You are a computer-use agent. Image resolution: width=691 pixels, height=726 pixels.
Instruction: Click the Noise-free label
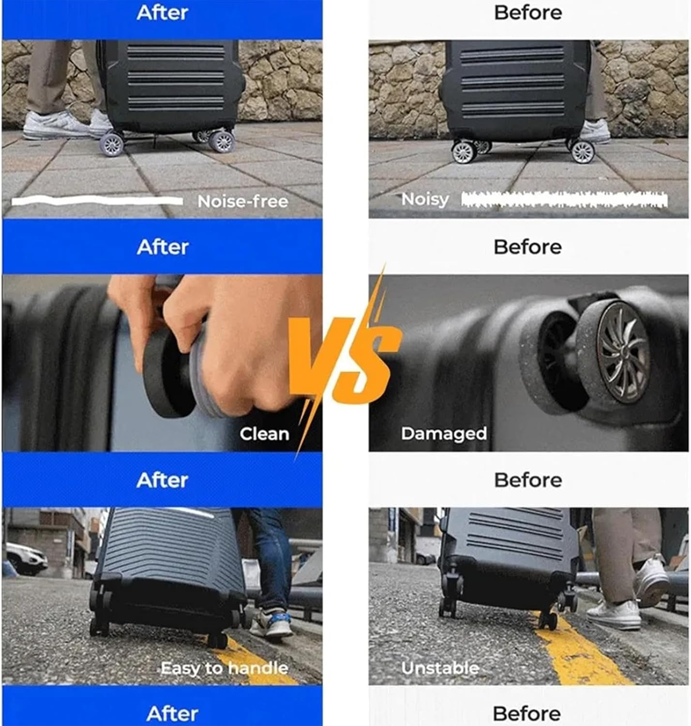coord(242,201)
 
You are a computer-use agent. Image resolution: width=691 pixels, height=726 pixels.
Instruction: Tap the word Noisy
coord(425,199)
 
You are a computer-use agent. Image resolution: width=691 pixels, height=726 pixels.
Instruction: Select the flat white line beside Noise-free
coord(97,201)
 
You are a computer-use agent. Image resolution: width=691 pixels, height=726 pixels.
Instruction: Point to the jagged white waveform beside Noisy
coord(564,199)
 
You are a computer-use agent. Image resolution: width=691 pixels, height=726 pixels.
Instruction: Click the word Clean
coord(264,434)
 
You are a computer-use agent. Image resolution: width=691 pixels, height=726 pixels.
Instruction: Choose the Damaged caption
coord(444,434)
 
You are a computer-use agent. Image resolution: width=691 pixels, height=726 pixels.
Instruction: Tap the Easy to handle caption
coord(224,668)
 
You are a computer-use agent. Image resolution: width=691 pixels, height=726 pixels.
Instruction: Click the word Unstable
coord(440,668)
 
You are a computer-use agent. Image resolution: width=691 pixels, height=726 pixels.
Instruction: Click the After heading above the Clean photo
coord(163,247)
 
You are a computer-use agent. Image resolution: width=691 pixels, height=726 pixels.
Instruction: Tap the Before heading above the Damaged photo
coord(527,247)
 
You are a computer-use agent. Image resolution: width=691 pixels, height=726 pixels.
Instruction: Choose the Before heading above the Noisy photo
coord(528,13)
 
